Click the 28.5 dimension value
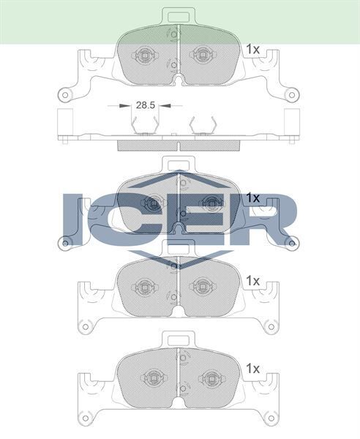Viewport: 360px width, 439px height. pos(145,105)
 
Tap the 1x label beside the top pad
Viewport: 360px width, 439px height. pos(253,49)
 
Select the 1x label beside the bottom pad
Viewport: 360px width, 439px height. pos(253,368)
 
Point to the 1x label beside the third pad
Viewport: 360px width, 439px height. pos(253,280)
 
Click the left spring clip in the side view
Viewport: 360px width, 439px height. pos(146,127)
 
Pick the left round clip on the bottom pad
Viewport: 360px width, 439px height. pos(154,380)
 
